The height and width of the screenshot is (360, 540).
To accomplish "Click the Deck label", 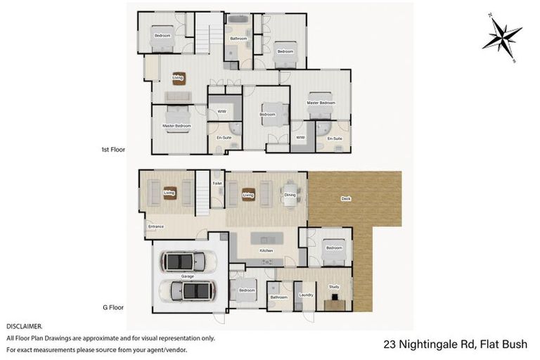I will (x=345, y=198).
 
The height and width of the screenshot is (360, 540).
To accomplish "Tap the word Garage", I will (x=188, y=276).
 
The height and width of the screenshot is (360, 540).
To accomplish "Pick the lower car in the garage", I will (x=188, y=290).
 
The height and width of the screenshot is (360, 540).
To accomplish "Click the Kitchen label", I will (x=266, y=251).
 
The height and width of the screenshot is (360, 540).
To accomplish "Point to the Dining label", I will (x=290, y=195).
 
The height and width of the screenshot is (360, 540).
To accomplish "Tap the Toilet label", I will (x=217, y=181).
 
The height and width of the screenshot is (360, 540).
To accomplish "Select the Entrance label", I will (x=155, y=226).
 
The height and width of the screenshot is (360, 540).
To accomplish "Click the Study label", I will (x=334, y=286).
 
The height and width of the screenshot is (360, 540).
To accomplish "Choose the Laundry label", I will (x=306, y=295).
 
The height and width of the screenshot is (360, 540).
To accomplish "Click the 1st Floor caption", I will (x=112, y=150).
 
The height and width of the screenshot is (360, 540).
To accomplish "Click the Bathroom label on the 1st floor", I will (x=237, y=38).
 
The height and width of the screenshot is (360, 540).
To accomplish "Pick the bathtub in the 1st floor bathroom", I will (x=238, y=20).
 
